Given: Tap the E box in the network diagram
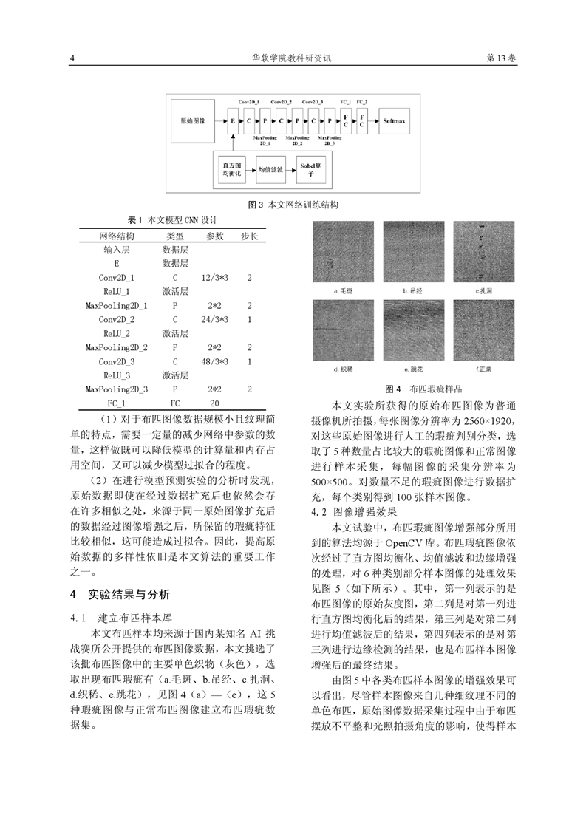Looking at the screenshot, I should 232,118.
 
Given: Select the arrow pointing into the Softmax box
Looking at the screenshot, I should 372,118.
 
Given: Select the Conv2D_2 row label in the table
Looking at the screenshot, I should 117,320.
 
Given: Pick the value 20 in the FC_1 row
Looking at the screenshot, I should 215,403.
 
